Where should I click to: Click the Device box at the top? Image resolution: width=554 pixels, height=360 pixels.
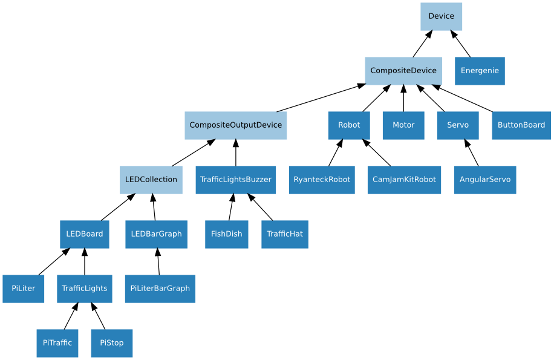(x=441, y=16)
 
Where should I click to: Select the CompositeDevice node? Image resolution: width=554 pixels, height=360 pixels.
(x=403, y=71)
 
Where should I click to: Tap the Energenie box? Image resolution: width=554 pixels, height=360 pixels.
(x=480, y=71)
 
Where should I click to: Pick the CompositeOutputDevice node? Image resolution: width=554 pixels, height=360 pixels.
(x=235, y=125)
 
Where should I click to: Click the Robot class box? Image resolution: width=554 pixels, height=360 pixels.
(x=349, y=125)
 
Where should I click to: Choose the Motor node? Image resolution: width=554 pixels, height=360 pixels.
(x=403, y=125)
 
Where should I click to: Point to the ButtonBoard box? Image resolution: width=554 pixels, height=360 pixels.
(x=521, y=125)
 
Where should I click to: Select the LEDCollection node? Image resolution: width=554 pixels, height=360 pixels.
(x=151, y=180)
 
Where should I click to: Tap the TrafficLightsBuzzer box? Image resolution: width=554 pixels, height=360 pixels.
(x=235, y=180)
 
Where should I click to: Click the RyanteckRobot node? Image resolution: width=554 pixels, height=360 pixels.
(x=321, y=180)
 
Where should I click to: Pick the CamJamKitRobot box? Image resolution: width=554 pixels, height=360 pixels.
(x=404, y=180)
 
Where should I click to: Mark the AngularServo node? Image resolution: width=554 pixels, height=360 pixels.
(x=484, y=180)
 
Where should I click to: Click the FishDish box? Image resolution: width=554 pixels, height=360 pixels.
(x=226, y=234)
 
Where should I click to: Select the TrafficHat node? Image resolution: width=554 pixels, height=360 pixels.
(x=284, y=234)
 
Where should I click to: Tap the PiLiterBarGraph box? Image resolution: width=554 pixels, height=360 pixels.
(x=160, y=289)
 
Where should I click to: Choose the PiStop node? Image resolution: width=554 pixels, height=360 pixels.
(x=111, y=343)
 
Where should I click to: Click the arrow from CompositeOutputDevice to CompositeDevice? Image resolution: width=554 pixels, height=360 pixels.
(x=321, y=98)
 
